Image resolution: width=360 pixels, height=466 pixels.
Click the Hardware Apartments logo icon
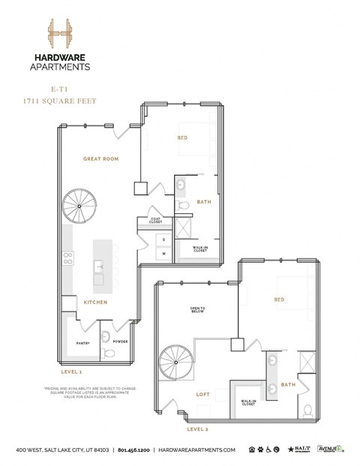59,35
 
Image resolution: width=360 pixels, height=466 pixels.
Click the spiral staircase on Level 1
79,205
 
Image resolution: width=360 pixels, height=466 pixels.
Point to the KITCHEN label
95,302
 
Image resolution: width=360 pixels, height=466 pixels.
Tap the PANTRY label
83,343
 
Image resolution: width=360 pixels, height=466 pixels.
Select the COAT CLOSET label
155,220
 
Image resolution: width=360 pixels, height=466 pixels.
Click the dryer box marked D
163,239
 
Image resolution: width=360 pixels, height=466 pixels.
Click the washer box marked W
163,254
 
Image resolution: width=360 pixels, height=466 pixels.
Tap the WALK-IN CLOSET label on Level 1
200,248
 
